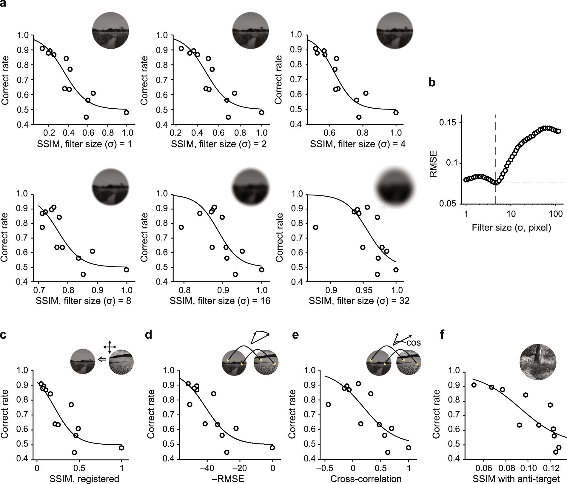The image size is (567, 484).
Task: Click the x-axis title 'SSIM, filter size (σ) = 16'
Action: point(220,301)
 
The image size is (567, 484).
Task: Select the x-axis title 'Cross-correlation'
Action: point(366,479)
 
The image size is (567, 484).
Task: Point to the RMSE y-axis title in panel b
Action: point(433,164)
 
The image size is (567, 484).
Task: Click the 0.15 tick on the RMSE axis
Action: point(449,123)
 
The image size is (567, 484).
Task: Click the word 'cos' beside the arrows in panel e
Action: point(414,342)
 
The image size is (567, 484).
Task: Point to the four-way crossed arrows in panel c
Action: point(110,347)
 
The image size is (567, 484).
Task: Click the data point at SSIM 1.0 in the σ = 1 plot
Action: point(126,112)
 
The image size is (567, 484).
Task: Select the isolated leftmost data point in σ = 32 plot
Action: point(315,227)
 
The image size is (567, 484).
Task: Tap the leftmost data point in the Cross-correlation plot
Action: point(328,404)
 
